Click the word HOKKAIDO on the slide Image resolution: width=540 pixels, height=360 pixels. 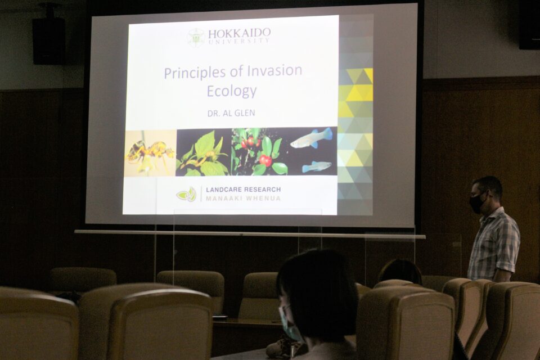pos(239,33)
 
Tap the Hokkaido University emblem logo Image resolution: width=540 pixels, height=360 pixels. pos(196,37)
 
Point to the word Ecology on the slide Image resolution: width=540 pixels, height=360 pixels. pos(231,91)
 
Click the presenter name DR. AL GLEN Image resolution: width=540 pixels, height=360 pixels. pos(231,113)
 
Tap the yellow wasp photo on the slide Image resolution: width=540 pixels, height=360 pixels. pos(151,153)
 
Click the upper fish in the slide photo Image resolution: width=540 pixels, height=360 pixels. pos(311,138)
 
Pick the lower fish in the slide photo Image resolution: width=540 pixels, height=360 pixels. pos(317,166)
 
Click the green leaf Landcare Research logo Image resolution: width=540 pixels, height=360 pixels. pos(186,194)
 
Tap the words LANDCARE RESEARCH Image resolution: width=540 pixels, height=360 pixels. pos(243,190)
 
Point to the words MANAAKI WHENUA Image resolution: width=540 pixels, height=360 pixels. pos(243,199)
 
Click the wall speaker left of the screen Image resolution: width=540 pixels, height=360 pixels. pos(48,40)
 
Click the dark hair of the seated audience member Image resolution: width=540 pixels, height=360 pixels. pos(318,293)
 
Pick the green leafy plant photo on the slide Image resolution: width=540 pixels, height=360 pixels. pos(204,152)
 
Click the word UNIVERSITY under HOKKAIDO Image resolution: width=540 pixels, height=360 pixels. pos(239,41)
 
